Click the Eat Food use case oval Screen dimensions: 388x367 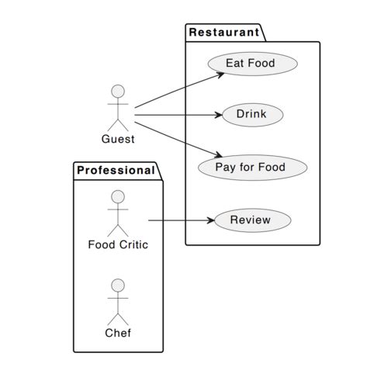(x=250, y=63)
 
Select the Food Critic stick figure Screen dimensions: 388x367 (x=118, y=213)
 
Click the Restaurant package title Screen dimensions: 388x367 (x=223, y=33)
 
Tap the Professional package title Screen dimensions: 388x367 (x=116, y=171)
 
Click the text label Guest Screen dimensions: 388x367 (x=118, y=140)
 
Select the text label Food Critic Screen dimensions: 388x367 (x=118, y=245)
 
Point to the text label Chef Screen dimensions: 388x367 (x=118, y=334)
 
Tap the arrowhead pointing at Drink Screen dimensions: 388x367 (x=219, y=115)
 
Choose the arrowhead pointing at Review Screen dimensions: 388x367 (x=209, y=220)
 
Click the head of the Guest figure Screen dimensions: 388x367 (x=118, y=92)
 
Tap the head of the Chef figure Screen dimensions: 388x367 (x=118, y=285)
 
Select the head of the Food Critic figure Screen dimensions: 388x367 (x=118, y=196)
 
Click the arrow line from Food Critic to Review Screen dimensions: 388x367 (x=178, y=220)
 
